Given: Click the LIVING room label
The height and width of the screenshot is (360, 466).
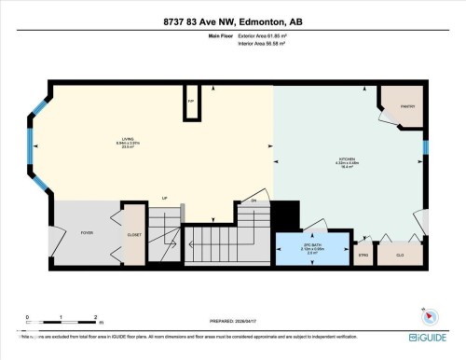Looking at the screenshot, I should (x=116, y=138).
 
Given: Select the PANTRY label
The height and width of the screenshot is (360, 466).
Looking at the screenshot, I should (x=406, y=106).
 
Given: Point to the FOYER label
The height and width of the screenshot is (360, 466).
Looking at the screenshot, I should (x=87, y=233).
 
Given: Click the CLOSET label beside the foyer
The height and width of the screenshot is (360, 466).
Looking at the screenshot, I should (x=134, y=235).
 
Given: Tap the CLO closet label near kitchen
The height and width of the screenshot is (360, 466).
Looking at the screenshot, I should (x=400, y=254).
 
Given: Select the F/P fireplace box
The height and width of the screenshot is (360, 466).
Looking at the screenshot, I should (x=190, y=101).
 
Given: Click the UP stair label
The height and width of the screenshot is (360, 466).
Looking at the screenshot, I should (x=164, y=198).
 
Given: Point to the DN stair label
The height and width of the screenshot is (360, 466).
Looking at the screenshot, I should (x=253, y=201).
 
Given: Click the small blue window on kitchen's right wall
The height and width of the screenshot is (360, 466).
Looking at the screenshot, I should (x=426, y=146).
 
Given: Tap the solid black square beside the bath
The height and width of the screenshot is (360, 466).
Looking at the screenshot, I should (x=288, y=221).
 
